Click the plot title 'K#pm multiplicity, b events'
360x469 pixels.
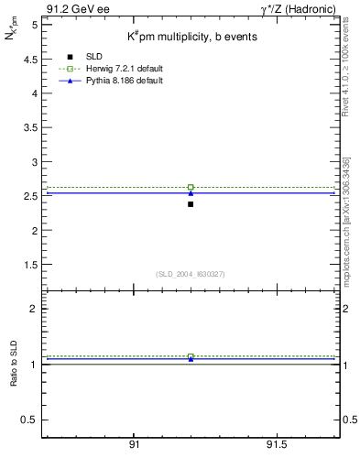pyautogui.click(x=191, y=37)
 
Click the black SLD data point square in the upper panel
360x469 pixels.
pyautogui.click(x=191, y=204)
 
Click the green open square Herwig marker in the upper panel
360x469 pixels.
pyautogui.click(x=191, y=187)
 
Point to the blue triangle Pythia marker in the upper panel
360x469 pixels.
pyautogui.click(x=191, y=193)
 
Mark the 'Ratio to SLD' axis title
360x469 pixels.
pyautogui.click(x=14, y=364)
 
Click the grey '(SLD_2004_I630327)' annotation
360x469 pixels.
pyautogui.click(x=191, y=274)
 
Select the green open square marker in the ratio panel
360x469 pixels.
pyautogui.click(x=191, y=356)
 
